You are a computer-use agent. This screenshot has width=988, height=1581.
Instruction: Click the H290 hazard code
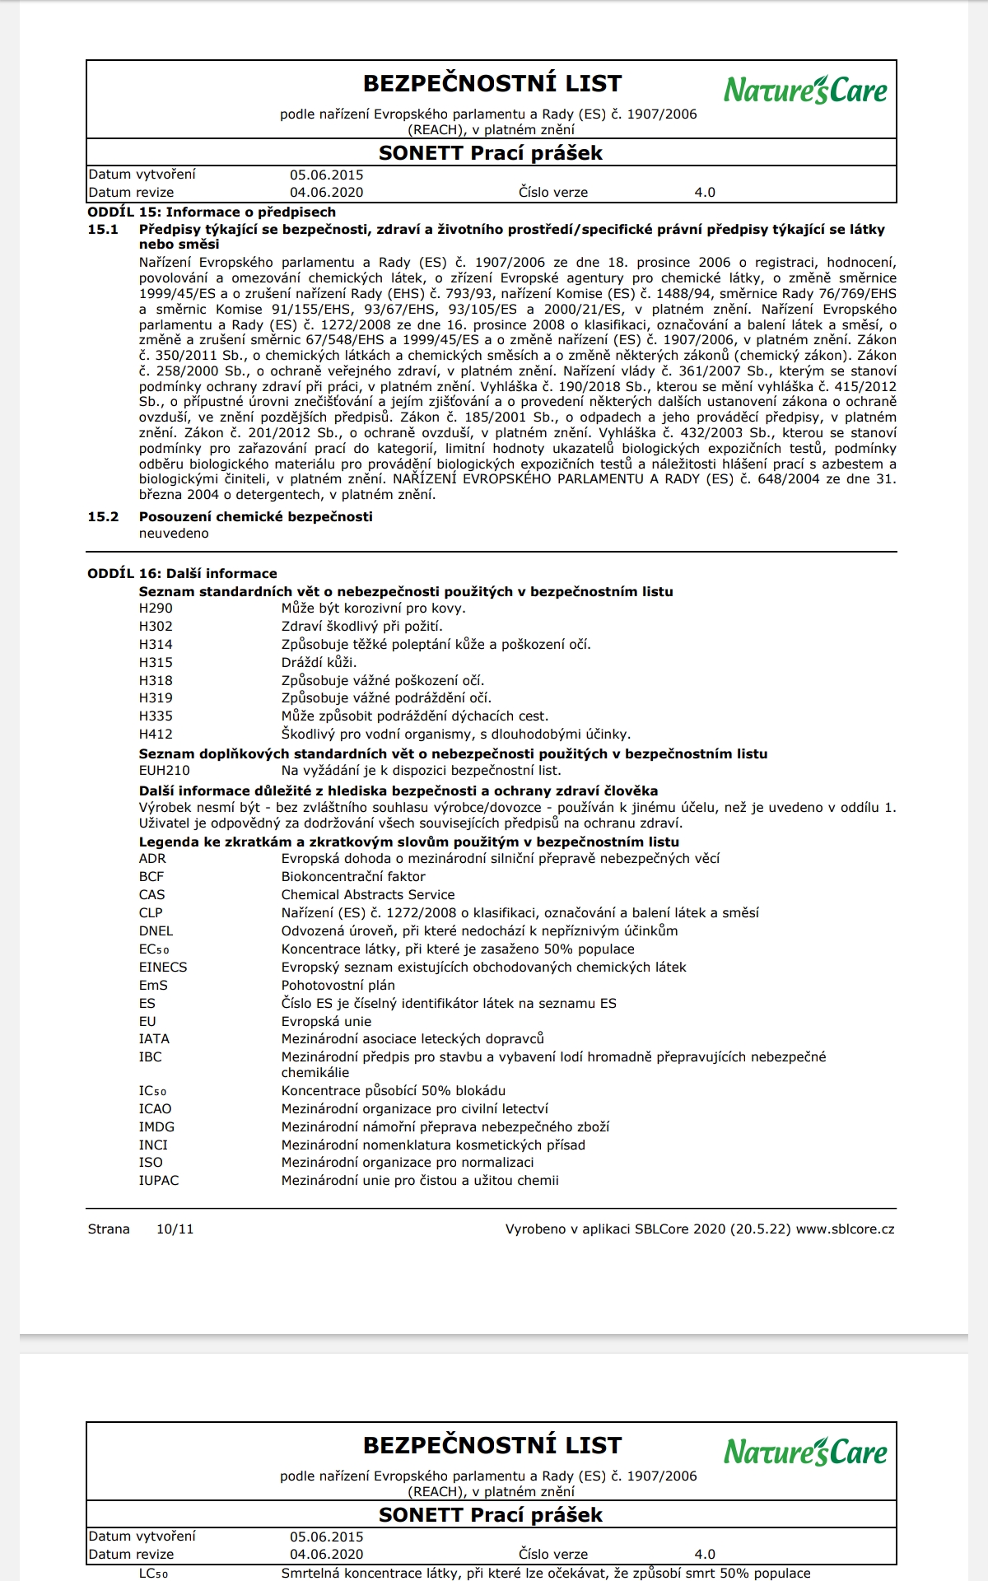point(156,609)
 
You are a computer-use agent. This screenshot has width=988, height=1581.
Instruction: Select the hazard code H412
point(156,734)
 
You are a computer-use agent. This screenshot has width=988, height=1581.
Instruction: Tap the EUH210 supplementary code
point(164,771)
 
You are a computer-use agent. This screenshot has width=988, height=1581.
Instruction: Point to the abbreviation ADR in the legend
point(152,859)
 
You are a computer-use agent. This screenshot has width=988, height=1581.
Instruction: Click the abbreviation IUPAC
point(159,1181)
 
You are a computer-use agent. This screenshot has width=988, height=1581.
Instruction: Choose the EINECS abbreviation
point(163,968)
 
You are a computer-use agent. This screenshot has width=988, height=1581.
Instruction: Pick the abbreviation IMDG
point(156,1127)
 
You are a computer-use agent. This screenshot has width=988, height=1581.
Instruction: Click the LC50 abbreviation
point(153,1574)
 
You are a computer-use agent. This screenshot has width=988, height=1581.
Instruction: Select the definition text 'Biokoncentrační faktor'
point(353,877)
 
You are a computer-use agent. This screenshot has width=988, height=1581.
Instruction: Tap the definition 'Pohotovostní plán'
point(338,986)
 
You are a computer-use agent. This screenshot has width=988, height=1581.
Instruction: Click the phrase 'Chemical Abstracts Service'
point(368,895)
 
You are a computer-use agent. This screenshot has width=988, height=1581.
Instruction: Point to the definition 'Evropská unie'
point(326,1022)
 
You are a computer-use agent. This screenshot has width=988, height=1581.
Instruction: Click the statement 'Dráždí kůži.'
point(319,663)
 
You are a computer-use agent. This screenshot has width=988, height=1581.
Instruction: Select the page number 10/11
point(175,1229)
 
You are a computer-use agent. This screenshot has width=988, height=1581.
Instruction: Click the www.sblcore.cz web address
point(845,1229)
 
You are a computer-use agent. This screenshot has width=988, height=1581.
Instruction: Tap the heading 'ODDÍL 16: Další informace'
point(182,574)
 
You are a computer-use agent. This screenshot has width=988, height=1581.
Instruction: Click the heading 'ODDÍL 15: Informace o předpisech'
point(212,212)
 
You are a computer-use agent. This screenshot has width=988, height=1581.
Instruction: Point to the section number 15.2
point(103,517)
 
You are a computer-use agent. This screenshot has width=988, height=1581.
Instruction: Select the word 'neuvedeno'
point(174,534)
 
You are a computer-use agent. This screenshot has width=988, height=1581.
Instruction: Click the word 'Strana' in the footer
point(109,1229)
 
